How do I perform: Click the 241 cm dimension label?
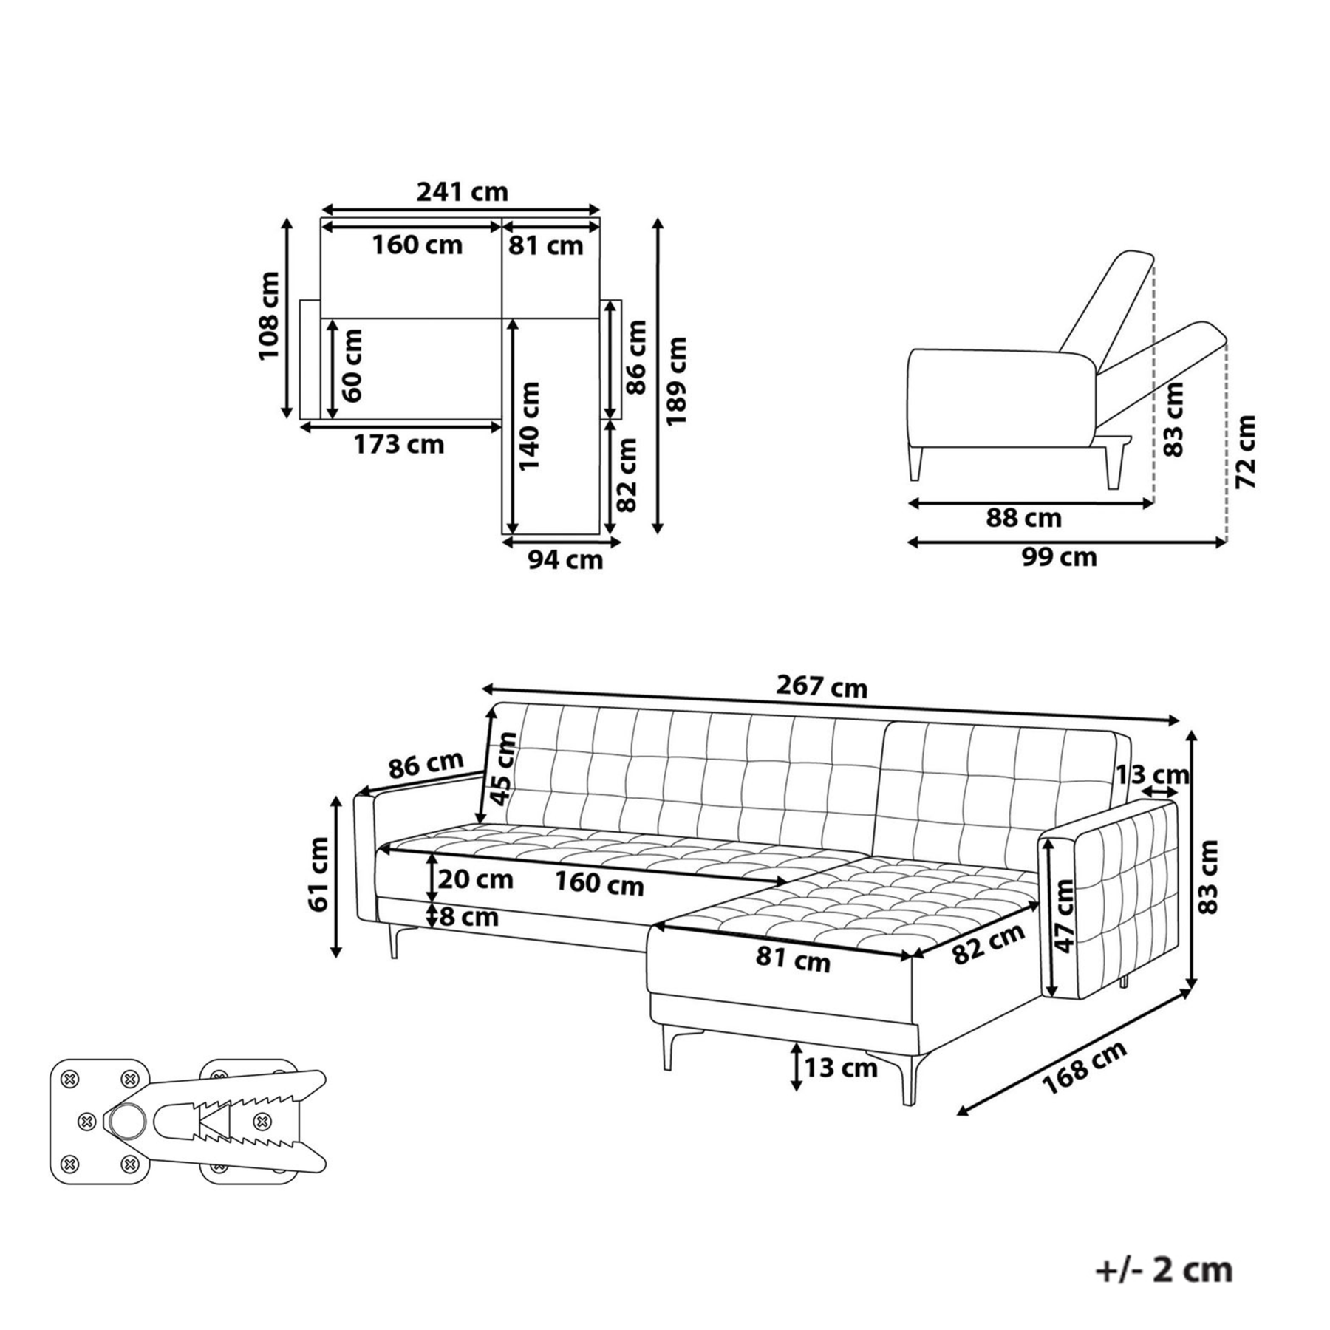pos(463,192)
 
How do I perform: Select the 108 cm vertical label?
pos(269,316)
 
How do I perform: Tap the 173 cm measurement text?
pos(399,444)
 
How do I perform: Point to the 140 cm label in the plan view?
pos(529,426)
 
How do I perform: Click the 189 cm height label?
pos(676,381)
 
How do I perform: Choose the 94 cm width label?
pos(565,560)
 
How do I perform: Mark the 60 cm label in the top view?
pos(352,365)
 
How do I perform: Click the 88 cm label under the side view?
pos(1023,518)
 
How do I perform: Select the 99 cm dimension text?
pos(1060,556)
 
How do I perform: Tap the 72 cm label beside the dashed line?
pos(1246,451)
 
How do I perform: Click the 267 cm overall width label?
pos(822,687)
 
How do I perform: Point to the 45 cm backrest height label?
pos(503,768)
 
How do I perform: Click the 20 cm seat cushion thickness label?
pos(475,879)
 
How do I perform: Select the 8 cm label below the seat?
pos(469,917)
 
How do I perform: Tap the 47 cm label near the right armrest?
pos(1063,916)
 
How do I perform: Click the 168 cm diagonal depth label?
pos(1085,1068)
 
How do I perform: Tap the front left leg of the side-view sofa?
pos(917,463)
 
